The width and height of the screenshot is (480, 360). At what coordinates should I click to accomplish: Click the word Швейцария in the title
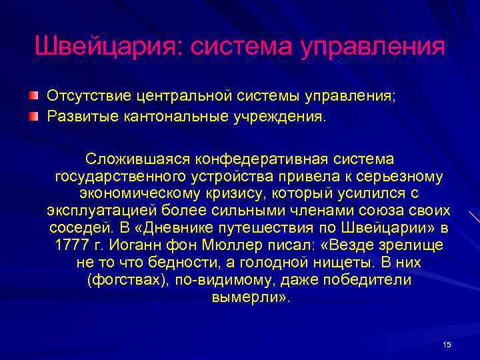pyautogui.click(x=106, y=47)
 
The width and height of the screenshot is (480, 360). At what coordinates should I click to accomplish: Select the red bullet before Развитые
pyautogui.click(x=33, y=117)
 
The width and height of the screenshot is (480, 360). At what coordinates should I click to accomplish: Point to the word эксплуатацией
pyautogui.click(x=96, y=211)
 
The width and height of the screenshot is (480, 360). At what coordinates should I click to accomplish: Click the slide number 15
pyautogui.click(x=447, y=344)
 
